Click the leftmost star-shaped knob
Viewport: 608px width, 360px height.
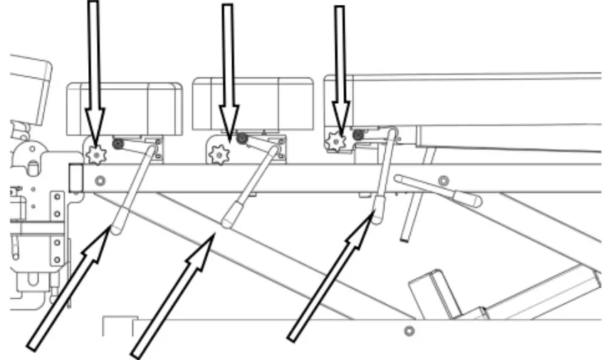pos(94,152)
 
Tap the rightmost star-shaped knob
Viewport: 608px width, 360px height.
pos(335,142)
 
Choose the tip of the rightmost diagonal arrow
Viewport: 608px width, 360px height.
pos(372,216)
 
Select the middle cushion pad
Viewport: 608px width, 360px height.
pos(253,104)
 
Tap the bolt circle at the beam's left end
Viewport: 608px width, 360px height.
pos(100,179)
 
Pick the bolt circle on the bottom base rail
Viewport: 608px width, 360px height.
pos(408,331)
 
